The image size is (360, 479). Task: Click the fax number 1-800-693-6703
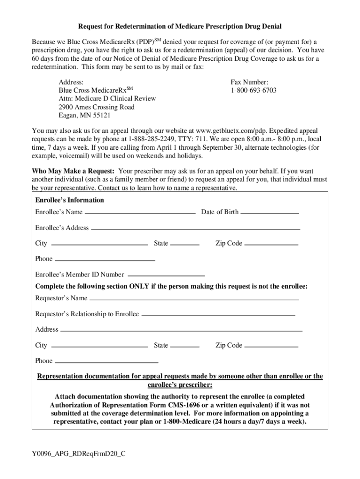(x=253, y=90)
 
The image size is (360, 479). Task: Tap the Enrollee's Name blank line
(x=140, y=213)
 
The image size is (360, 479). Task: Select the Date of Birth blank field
(x=269, y=213)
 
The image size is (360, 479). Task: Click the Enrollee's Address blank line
(x=195, y=229)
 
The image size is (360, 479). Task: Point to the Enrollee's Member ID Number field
(x=166, y=276)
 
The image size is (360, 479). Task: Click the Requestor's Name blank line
(x=194, y=299)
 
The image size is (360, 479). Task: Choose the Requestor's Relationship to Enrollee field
(x=218, y=315)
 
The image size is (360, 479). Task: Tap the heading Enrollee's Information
(x=70, y=200)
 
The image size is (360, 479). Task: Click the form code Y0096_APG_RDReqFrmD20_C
(x=79, y=454)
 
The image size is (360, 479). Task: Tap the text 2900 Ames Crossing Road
(x=96, y=107)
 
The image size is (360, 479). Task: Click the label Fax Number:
(x=250, y=81)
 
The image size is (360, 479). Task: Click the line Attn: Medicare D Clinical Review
(x=107, y=99)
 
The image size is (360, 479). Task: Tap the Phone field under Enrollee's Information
(x=105, y=260)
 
